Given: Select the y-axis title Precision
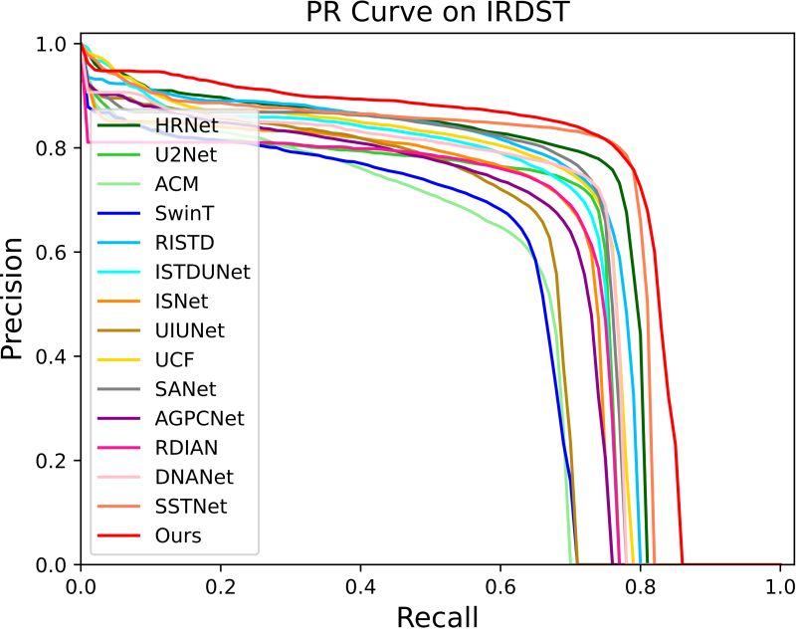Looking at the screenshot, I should [x=14, y=300].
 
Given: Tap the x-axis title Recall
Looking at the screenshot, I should [x=437, y=617].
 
